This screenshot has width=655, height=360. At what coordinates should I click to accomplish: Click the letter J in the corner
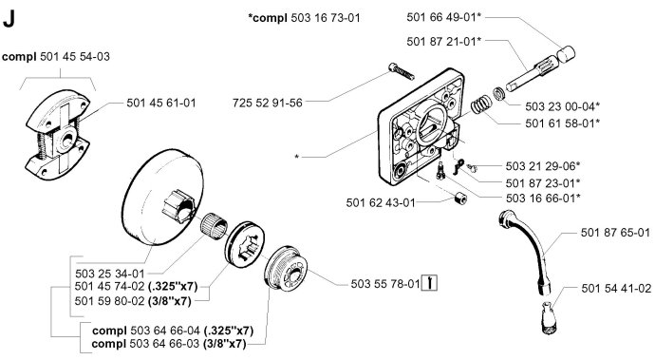(9, 19)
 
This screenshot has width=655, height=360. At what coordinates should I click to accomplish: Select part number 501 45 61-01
(161, 103)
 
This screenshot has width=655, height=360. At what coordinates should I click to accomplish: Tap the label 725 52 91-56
(268, 103)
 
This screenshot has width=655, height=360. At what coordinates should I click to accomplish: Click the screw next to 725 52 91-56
(402, 71)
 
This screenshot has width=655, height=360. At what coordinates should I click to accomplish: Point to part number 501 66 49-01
(441, 17)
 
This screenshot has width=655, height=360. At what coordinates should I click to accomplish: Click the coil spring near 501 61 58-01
(481, 104)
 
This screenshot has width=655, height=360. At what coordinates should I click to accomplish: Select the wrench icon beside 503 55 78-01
(430, 283)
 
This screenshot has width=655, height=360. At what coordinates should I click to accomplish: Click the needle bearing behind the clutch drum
(214, 226)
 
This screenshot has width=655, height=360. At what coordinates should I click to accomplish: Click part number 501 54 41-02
(616, 289)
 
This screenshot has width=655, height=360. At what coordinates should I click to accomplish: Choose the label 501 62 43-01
(381, 202)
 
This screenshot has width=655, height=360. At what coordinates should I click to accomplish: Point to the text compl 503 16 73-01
(304, 18)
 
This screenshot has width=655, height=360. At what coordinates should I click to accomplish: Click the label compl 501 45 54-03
(56, 57)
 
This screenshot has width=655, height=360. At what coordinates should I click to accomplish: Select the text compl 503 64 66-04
(146, 331)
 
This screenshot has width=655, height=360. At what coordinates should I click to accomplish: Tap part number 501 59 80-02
(110, 301)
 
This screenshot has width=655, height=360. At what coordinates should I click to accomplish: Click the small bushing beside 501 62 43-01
(460, 199)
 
